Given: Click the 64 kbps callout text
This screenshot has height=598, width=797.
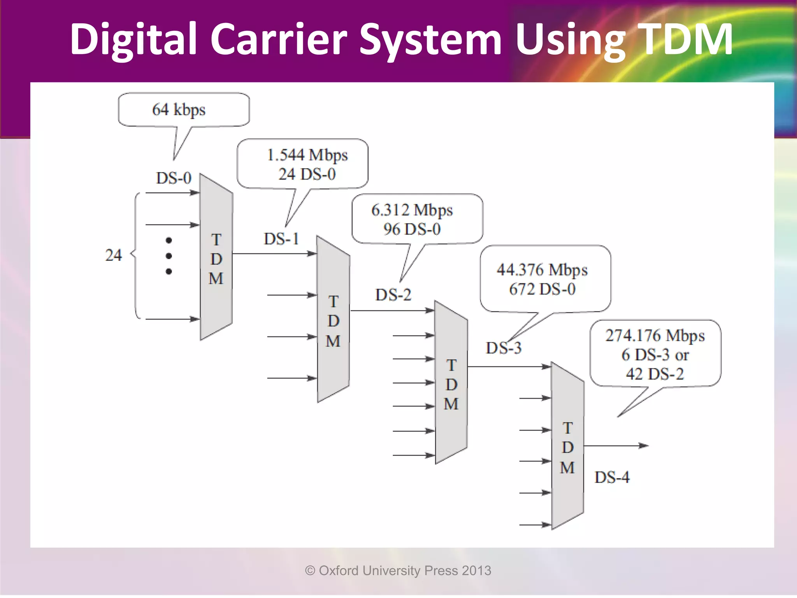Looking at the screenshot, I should point(179,110).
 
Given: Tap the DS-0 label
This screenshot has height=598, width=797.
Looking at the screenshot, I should point(174,178).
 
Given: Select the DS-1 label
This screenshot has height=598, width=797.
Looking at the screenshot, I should point(281,239).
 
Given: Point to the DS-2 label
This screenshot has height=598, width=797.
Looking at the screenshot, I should point(393,295).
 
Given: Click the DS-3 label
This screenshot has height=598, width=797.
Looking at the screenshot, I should point(503,348).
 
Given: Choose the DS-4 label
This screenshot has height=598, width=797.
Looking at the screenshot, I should point(612,477).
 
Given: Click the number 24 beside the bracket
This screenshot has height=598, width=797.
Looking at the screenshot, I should point(113,255).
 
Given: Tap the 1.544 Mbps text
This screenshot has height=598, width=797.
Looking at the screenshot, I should point(307,155).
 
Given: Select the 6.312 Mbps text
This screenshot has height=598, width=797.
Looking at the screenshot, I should point(412,210).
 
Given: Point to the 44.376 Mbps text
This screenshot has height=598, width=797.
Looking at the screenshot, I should point(542,270).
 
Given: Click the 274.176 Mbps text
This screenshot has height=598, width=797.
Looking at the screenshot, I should point(655,336).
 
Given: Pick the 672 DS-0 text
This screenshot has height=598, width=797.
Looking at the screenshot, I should point(542,289).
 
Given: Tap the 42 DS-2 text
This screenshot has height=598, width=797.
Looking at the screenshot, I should point(655,374).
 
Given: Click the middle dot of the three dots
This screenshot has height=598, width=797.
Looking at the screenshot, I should point(169,256).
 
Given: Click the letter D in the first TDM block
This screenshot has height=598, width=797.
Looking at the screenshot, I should point(216,259).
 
